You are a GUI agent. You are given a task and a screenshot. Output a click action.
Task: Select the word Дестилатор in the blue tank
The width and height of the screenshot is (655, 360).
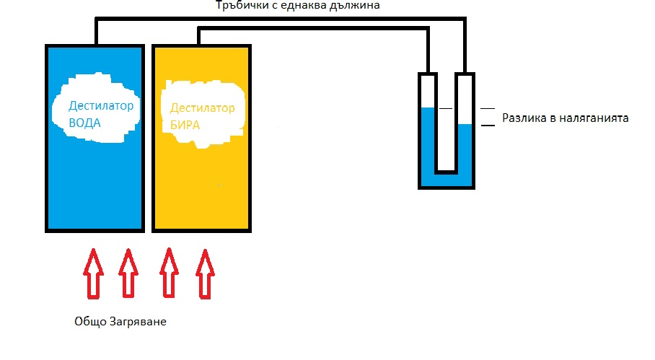pyautogui.click(x=101, y=105)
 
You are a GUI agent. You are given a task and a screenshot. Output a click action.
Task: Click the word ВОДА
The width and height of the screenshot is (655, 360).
pyautogui.click(x=85, y=123)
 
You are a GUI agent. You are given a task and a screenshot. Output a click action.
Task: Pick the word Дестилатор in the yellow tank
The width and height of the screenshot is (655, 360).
pyautogui.click(x=203, y=109)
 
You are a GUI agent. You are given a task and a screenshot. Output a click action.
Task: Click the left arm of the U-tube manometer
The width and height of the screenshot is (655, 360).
pyautogui.click(x=428, y=123)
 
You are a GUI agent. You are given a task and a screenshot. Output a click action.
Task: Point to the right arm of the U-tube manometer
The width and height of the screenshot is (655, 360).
pyautogui.click(x=465, y=123)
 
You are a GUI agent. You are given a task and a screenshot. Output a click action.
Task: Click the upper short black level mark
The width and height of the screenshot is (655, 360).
pyautogui.click(x=488, y=108)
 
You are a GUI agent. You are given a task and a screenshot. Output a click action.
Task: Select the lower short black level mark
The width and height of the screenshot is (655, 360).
pyautogui.click(x=488, y=126)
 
